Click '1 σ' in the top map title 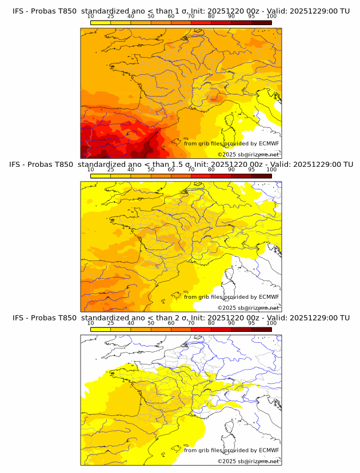click(185, 11)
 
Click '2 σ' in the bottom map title click(185, 318)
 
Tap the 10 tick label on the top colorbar click(90, 17)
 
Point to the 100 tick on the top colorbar click(271, 17)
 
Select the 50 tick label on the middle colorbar click(151, 170)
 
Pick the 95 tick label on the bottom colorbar click(251, 323)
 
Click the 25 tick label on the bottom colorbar click(110, 323)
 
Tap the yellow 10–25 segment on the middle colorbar click(101, 175)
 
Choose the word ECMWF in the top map click(269, 143)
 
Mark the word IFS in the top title click(18, 11)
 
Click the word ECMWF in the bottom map click(269, 450)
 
